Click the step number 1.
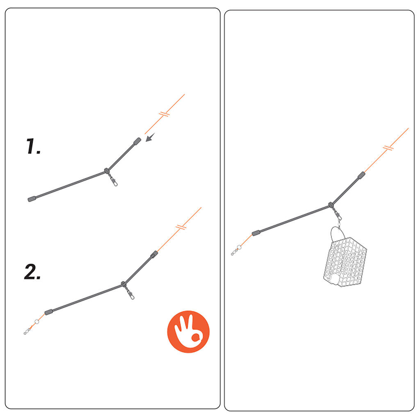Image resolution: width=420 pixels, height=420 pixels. [x=33, y=146]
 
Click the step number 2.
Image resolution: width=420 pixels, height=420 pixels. [x=32, y=272]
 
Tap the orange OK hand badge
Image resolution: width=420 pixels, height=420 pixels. [x=188, y=331]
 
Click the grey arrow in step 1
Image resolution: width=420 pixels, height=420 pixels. [x=150, y=137]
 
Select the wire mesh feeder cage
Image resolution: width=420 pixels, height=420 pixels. [x=345, y=262]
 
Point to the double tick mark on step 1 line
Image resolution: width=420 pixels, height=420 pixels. [x=164, y=114]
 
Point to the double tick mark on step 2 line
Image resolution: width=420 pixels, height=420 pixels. [x=181, y=227]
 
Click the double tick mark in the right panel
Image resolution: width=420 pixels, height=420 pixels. [x=388, y=148]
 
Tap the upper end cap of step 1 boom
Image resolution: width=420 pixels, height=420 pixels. [x=137, y=141]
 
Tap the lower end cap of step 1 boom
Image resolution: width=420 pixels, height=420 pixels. [x=32, y=199]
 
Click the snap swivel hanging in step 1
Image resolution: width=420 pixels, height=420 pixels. [x=112, y=179]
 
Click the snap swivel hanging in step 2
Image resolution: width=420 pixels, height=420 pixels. [x=129, y=292]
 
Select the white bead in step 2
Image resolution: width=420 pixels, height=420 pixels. [x=37, y=322]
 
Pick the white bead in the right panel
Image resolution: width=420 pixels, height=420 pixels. [x=239, y=247]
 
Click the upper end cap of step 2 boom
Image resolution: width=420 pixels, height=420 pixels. [x=154, y=254]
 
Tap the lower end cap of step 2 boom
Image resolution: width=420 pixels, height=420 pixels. [x=48, y=312]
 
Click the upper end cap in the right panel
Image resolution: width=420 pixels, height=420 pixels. [x=361, y=175]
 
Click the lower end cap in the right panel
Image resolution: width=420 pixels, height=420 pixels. [x=256, y=233]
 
